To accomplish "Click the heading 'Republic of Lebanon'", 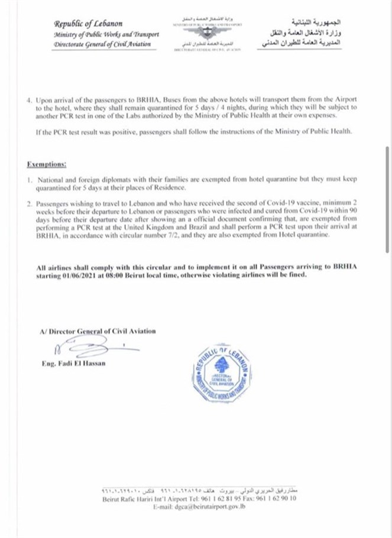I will point(88,24).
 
